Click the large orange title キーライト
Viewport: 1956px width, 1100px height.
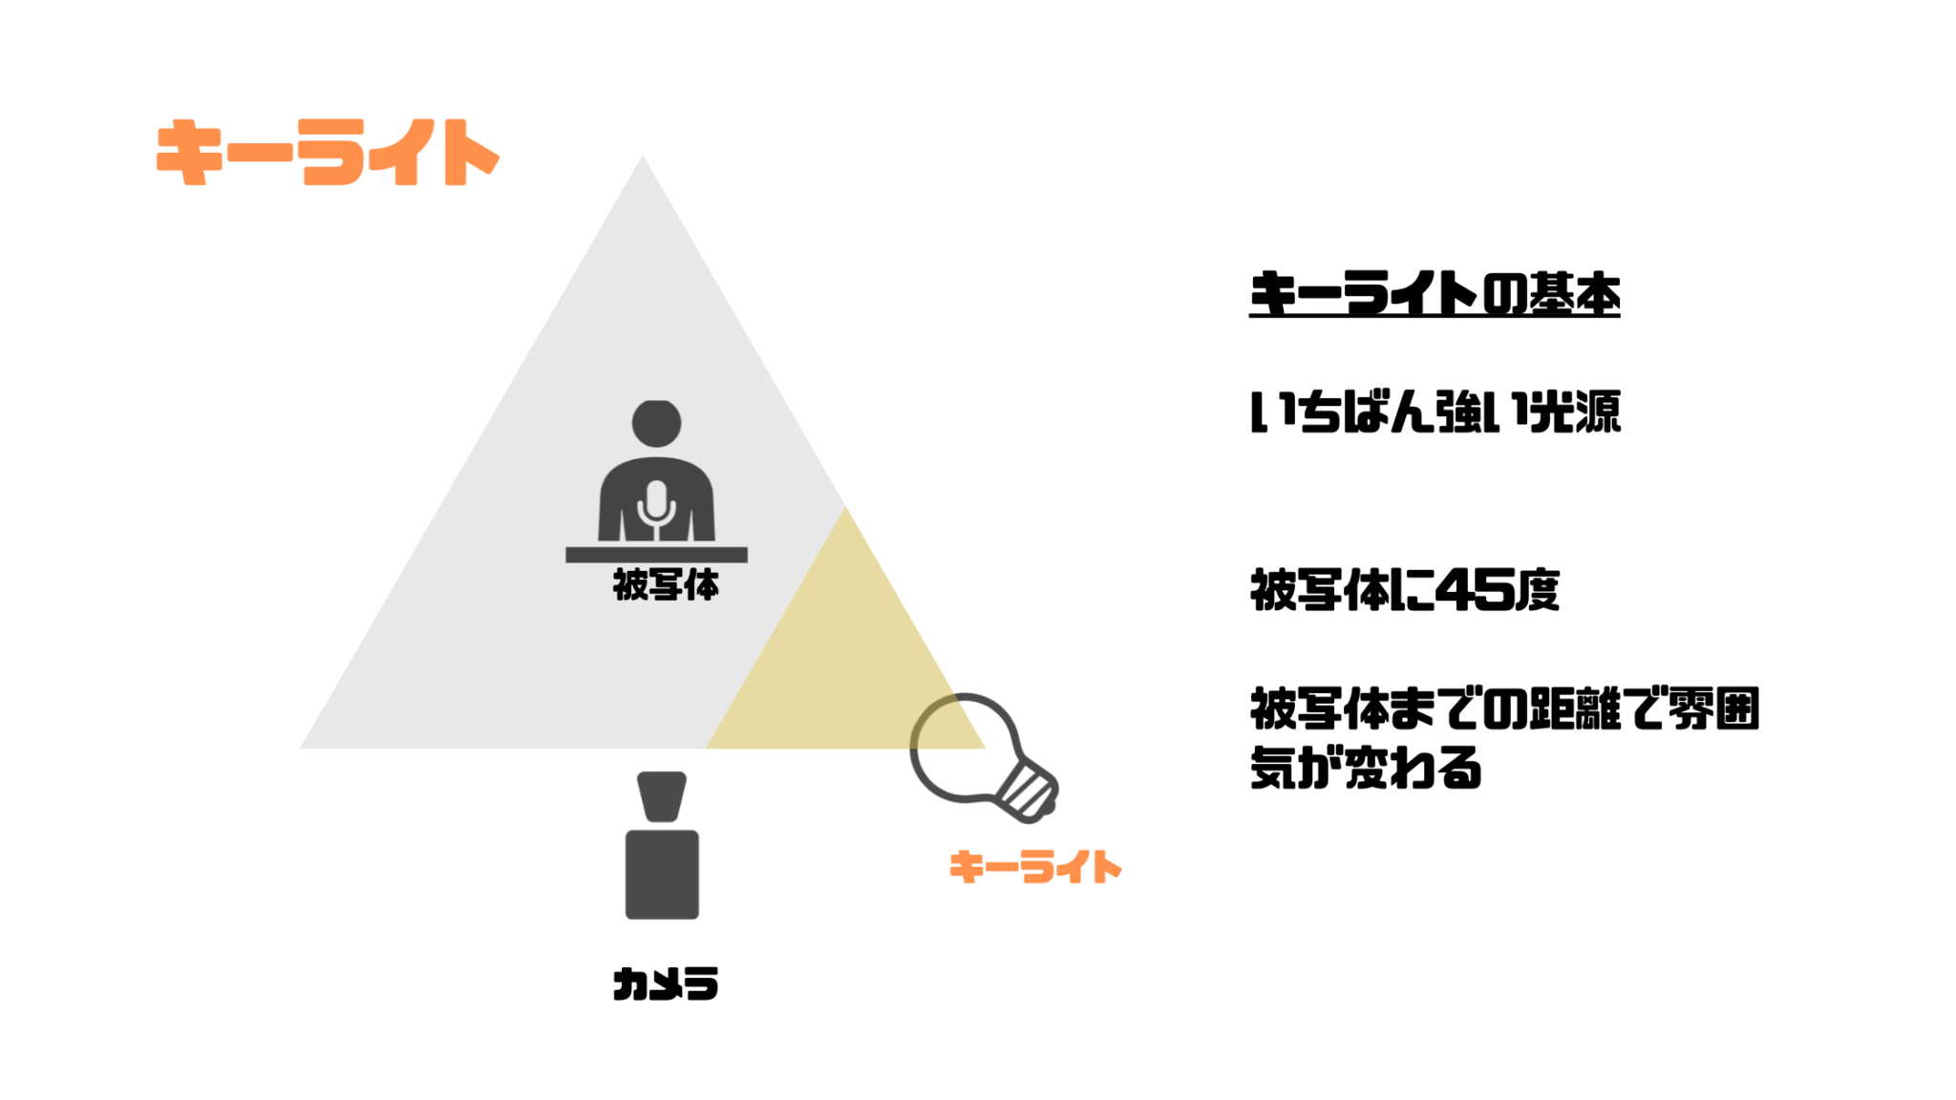click(x=328, y=152)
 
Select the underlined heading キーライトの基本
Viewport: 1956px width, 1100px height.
click(x=1435, y=293)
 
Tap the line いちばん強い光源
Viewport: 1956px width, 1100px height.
click(x=1435, y=412)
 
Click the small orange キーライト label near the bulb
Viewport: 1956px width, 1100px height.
click(x=1035, y=867)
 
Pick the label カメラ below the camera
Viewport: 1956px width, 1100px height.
click(x=666, y=984)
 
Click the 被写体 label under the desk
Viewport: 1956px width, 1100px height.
click(x=666, y=584)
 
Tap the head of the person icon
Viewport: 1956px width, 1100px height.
click(x=656, y=423)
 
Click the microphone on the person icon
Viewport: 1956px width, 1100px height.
click(x=656, y=506)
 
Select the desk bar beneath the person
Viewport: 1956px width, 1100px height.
click(x=656, y=555)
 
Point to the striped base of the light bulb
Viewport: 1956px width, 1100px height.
click(x=1027, y=791)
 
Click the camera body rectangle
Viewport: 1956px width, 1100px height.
click(x=662, y=875)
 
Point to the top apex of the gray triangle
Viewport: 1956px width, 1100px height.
click(x=643, y=156)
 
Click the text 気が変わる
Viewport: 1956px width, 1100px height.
click(x=1366, y=768)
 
